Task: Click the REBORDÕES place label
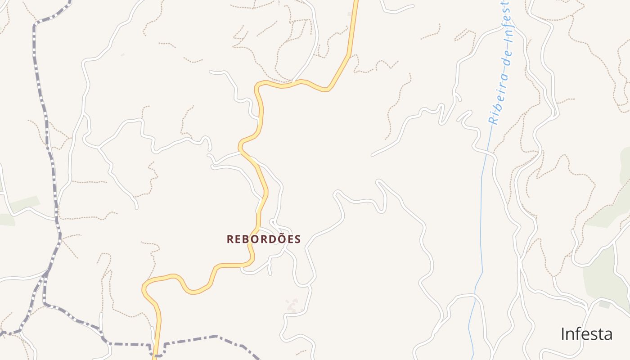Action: point(264,239)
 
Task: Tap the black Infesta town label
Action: point(586,334)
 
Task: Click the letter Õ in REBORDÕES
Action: point(279,238)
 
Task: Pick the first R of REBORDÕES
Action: point(230,239)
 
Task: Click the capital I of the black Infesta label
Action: point(563,334)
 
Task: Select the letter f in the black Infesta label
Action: point(576,333)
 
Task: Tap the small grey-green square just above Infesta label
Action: point(604,305)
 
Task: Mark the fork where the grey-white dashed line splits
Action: point(46,273)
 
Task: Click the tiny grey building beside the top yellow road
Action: point(350,14)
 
